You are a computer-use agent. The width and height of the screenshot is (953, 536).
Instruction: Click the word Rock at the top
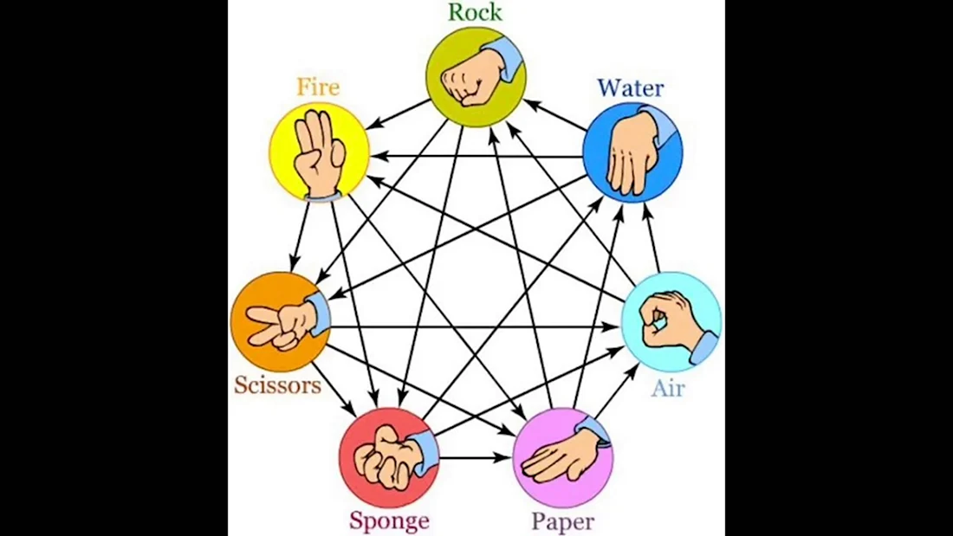(475, 12)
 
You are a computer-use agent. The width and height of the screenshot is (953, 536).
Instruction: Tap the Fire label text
(318, 87)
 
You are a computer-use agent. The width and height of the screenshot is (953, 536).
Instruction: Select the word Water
(630, 88)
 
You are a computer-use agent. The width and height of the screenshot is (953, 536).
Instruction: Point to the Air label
(668, 387)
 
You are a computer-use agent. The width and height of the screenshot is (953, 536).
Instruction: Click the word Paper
(562, 521)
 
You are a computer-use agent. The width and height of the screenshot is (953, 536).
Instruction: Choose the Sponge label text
(389, 521)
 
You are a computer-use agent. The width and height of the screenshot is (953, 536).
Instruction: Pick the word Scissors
(277, 384)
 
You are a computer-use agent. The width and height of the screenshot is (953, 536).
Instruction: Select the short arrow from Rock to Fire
(398, 114)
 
